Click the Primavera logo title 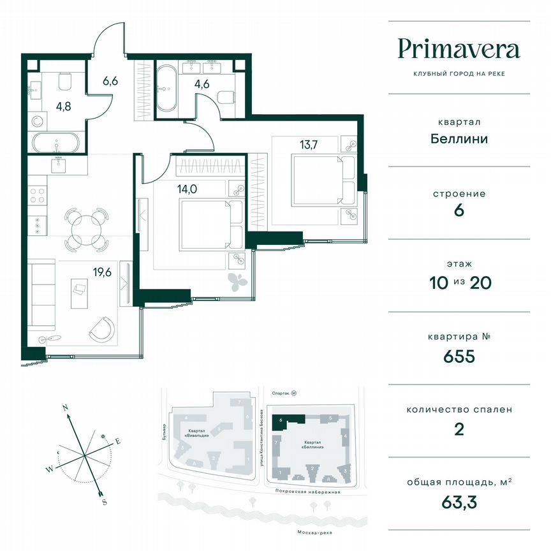tap(459, 48)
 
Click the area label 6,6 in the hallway tap(111, 81)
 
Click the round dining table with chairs tap(86, 227)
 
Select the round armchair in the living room tap(102, 328)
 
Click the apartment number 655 tap(459, 356)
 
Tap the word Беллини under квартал tap(459, 138)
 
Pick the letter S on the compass tap(104, 503)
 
